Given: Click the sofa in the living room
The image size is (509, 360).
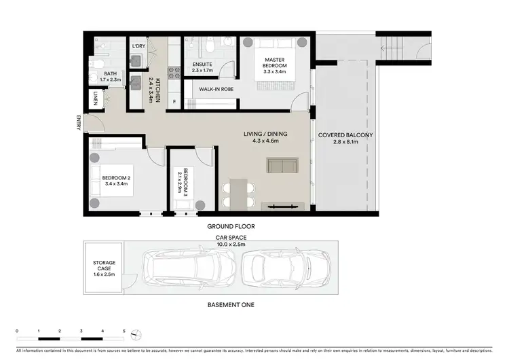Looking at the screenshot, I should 283,166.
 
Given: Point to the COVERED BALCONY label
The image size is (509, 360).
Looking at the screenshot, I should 345,139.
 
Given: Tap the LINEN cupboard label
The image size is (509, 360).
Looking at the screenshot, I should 96,98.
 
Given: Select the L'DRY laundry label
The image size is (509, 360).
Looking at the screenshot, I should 138,46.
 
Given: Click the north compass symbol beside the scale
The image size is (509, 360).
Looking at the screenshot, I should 138,334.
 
